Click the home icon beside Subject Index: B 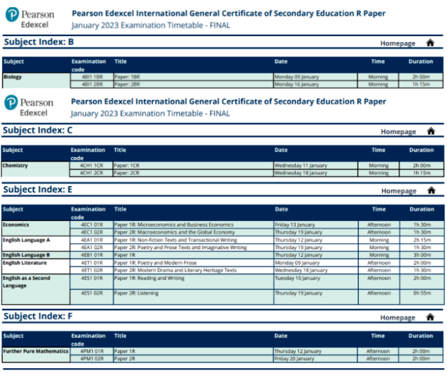click(430, 43)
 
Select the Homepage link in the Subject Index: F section click(398, 318)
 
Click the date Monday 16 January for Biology click(296, 84)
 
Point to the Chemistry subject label click(15, 166)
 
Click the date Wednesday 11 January click(300, 166)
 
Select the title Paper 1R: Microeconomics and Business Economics click(174, 225)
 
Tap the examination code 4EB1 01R click(87, 255)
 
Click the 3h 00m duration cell click(421, 255)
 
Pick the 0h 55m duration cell click(421, 293)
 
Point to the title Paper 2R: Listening click(136, 293)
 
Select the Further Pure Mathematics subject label click(35, 351)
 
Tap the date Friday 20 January click(294, 359)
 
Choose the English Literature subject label click(24, 262)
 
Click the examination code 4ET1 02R click(87, 270)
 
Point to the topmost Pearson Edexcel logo click(29, 19)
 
